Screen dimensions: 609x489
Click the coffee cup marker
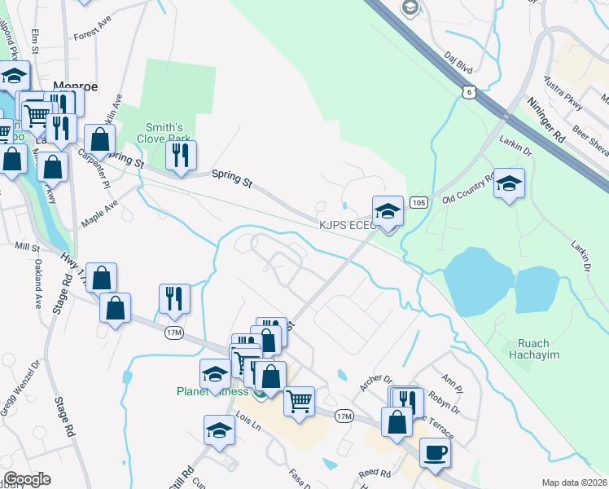click(435, 452)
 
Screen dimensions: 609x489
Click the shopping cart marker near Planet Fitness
click(299, 401)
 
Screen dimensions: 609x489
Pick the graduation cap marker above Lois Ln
click(219, 430)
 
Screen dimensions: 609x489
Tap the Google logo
click(26, 479)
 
